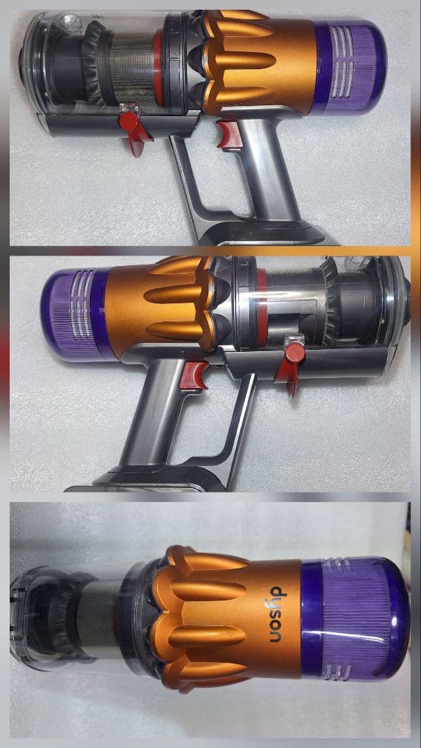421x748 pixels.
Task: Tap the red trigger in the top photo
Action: [x=227, y=134]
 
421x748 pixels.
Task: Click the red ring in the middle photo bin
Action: [x=262, y=305]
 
